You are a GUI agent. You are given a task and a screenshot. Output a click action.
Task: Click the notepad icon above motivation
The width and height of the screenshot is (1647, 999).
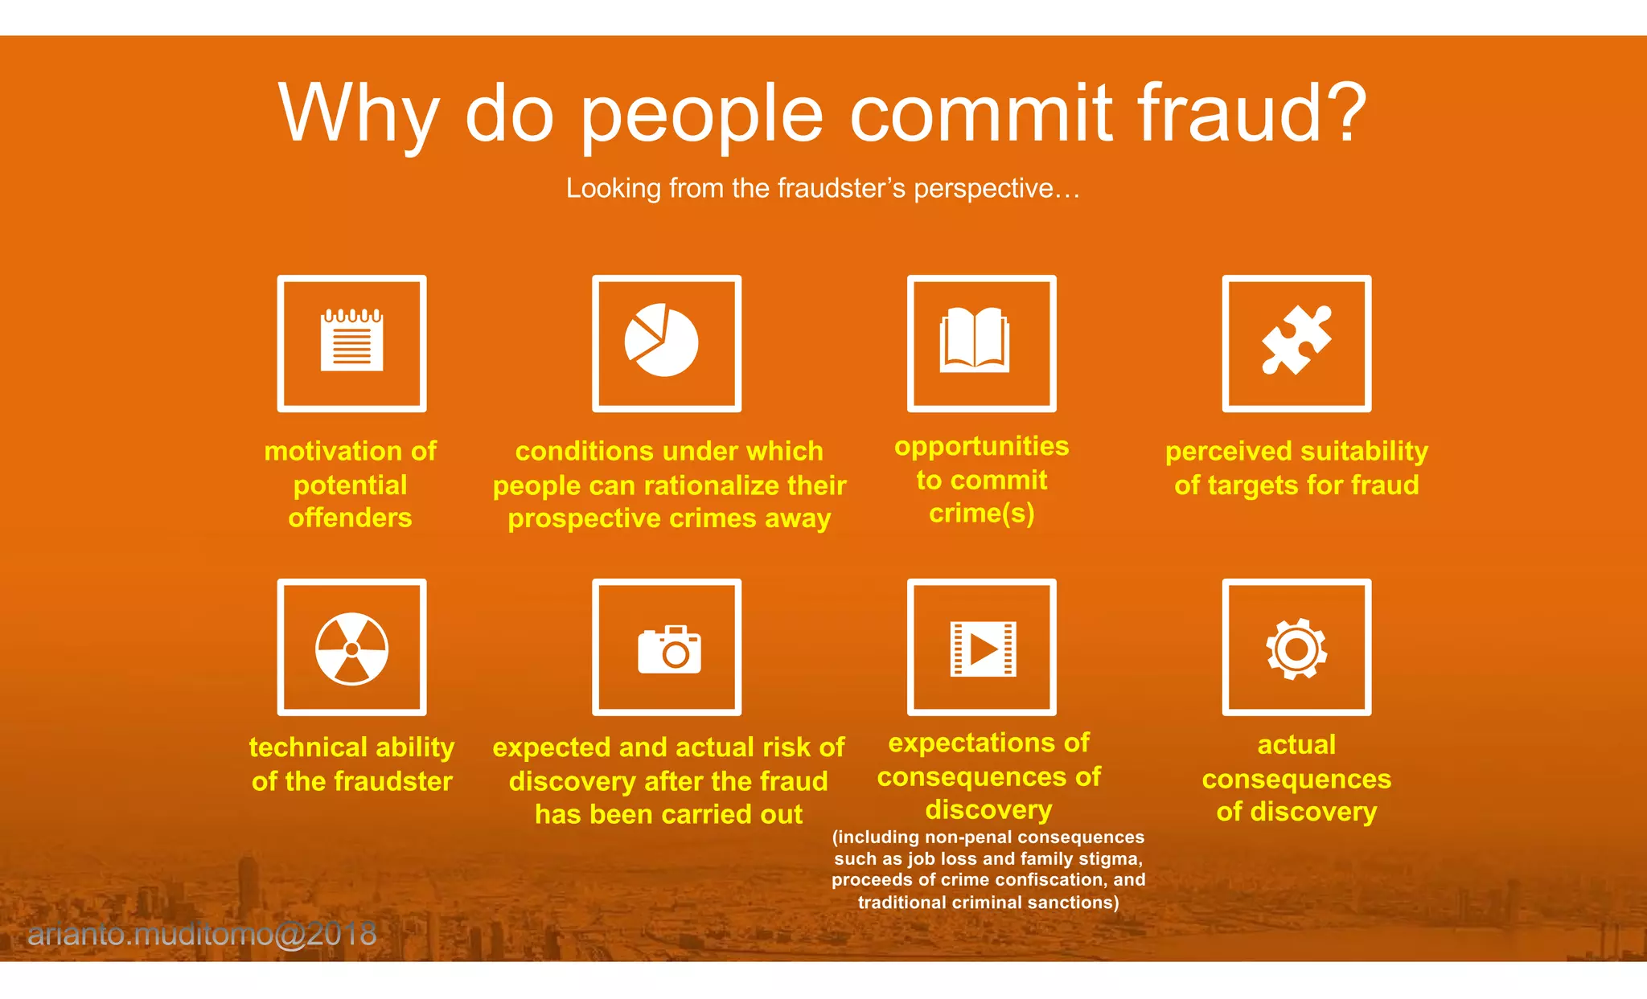click(351, 341)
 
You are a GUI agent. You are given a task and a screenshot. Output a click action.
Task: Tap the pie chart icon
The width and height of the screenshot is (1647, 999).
click(662, 340)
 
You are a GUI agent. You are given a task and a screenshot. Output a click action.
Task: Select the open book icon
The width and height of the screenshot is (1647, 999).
click(975, 340)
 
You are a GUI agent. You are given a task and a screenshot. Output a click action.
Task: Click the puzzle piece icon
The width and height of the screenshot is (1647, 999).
click(1296, 340)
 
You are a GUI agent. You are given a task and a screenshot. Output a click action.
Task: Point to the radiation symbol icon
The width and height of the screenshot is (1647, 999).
click(351, 649)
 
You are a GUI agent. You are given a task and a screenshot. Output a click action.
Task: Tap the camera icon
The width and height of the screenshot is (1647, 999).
click(669, 649)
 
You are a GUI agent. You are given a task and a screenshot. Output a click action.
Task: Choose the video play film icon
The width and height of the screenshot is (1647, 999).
click(983, 649)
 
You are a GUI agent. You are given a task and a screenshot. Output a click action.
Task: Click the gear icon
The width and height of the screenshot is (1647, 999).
click(1296, 649)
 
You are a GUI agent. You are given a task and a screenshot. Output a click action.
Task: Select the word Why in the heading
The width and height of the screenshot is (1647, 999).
click(359, 114)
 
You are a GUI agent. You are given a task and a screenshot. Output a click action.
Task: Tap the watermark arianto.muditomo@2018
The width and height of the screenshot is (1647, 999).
click(202, 934)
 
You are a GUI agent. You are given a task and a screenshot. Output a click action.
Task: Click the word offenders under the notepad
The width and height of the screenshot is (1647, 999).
click(350, 518)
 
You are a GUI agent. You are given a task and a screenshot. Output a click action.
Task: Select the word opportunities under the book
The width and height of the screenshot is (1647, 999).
click(981, 447)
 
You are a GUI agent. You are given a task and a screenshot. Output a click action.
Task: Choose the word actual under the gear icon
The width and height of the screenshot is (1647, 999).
click(1296, 745)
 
